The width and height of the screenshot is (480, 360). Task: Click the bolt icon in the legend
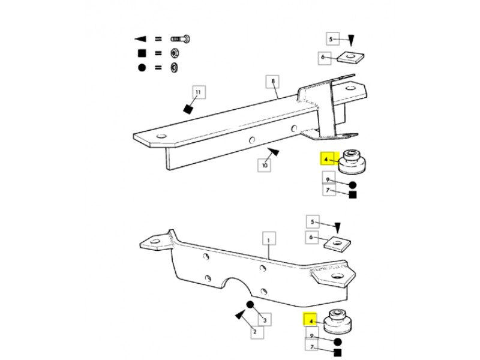tap(180, 39)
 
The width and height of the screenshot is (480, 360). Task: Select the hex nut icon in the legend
tap(175, 53)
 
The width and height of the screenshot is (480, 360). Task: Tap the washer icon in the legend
tap(175, 67)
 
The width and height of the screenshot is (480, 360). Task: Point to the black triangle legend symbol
tap(140, 39)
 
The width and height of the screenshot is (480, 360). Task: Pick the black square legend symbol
tap(142, 53)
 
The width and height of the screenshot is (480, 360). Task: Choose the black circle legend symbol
tap(142, 67)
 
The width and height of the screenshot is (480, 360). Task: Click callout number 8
tap(273, 82)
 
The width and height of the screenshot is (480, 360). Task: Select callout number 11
tap(199, 92)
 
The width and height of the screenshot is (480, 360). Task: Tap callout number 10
tap(265, 166)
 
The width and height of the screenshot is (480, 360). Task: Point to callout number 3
tap(265, 320)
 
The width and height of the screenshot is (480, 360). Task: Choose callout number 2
tap(254, 332)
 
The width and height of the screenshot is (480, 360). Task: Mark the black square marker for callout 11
tap(188, 109)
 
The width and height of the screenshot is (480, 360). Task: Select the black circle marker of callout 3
tap(250, 305)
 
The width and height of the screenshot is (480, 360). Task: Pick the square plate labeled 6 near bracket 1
tap(337, 244)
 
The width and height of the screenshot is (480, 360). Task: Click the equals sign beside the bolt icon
tap(158, 39)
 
